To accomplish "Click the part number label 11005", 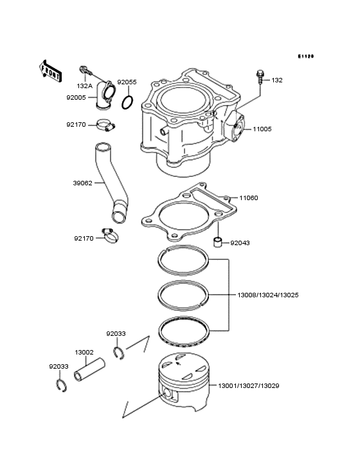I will (262, 129).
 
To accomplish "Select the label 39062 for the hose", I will (82, 183).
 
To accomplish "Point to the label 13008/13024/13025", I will (267, 295).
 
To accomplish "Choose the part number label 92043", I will (240, 243).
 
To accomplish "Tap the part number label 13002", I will (84, 353).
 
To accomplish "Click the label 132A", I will (84, 86).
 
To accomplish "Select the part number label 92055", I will (127, 82).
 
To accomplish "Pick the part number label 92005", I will (76, 97).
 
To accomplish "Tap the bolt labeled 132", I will (260, 75).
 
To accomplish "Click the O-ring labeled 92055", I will (127, 102).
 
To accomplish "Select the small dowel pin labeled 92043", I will (218, 243).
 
